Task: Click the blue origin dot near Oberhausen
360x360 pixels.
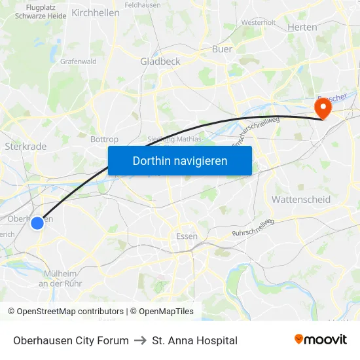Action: coord(37,223)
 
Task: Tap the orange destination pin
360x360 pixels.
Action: coord(323,107)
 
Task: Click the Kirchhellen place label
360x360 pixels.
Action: coord(96,12)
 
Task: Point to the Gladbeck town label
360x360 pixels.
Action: coord(160,61)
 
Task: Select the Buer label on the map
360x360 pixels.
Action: coord(222,48)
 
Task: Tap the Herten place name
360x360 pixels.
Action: coord(302,27)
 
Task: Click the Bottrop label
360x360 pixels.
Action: coord(104,139)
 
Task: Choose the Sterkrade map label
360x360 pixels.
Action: coord(26,147)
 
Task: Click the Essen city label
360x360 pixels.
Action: coord(187,236)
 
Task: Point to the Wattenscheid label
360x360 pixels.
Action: coord(300,199)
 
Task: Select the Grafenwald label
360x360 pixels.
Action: coord(79,62)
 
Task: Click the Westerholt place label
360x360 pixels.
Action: coord(258,22)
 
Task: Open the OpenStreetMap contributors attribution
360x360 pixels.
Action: coord(70,312)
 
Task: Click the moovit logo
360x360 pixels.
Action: coord(320,340)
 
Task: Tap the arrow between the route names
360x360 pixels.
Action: coord(140,340)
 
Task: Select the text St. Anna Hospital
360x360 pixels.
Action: coord(194,340)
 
